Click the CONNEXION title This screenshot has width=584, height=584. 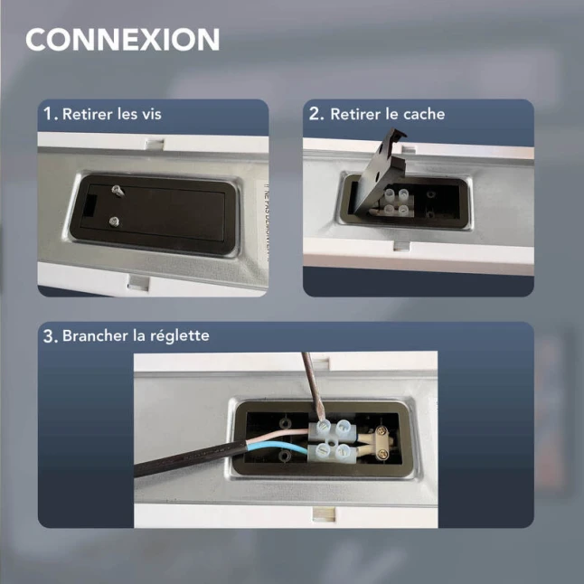pos(123,40)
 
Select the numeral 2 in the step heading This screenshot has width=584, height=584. pos(315,114)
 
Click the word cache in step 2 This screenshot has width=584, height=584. pos(424,114)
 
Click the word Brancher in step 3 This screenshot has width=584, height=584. pos(95,335)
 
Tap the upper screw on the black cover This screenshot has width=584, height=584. pos(117,190)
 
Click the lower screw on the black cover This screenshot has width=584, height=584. pos(115,222)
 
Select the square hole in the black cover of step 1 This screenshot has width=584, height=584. pos(89,206)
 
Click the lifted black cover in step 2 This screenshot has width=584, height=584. pos(379,172)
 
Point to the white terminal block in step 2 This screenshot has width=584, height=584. pos(396,203)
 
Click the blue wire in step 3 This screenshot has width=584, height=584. pos(278,445)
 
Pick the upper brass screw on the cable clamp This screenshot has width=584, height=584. pos(381,431)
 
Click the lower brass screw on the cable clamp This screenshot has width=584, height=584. pos(382,454)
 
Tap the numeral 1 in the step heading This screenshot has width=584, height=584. pos(48,114)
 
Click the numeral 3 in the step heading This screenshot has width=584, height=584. pos(49,336)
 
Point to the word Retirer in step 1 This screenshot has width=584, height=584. pos(87,114)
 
